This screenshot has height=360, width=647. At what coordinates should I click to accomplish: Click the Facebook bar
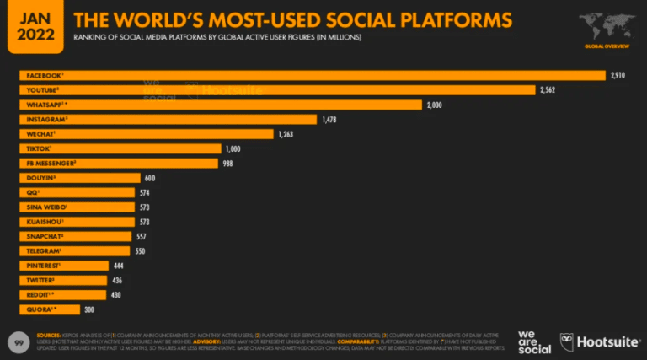(x=312, y=75)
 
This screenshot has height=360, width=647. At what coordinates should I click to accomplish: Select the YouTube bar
(x=277, y=89)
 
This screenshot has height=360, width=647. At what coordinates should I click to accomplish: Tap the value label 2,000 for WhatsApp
(x=434, y=105)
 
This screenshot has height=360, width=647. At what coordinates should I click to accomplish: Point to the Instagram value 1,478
(x=329, y=119)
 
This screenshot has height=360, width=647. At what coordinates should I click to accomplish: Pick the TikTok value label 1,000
(x=232, y=148)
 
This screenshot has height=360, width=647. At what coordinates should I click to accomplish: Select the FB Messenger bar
(x=119, y=163)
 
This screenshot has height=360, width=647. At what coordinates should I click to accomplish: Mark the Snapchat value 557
(x=142, y=236)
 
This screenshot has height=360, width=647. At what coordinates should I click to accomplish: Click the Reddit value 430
(x=117, y=295)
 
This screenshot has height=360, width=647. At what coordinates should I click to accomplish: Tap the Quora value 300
(x=89, y=309)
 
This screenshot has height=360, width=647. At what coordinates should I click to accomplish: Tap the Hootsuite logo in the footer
(x=599, y=341)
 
